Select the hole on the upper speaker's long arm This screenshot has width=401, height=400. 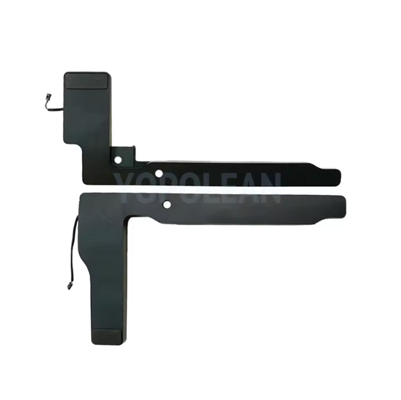[161, 171]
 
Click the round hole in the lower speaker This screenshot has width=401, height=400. [167, 204]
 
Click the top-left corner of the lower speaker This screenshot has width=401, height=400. [84, 195]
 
